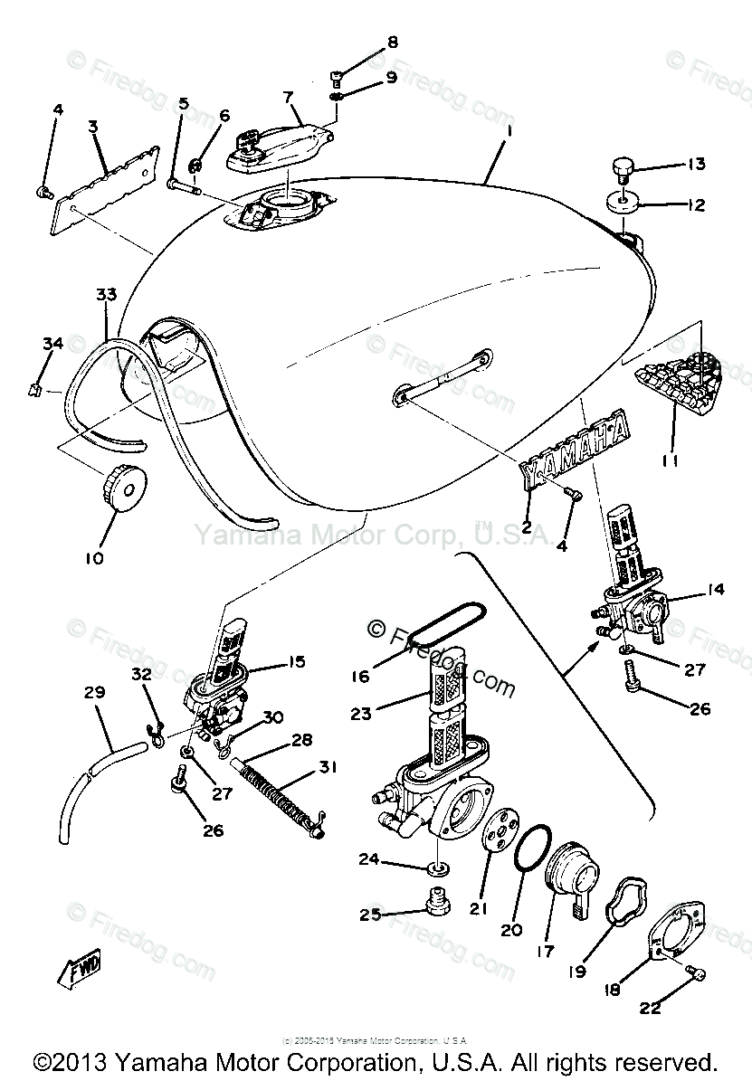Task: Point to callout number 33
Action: coord(107,295)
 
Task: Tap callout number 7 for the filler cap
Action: coord(288,96)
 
